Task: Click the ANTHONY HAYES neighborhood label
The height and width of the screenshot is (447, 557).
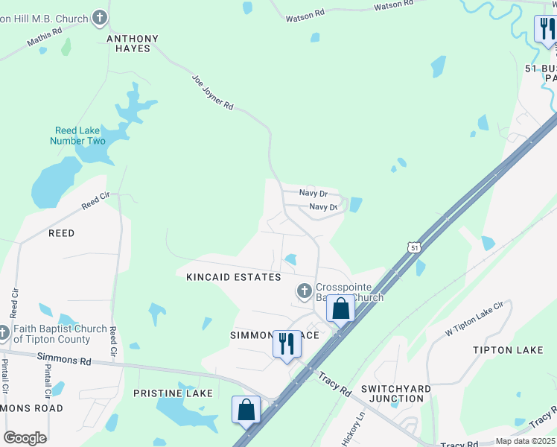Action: (133, 43)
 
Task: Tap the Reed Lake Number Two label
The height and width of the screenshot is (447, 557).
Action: (78, 136)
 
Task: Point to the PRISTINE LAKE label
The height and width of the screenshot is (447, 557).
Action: (173, 393)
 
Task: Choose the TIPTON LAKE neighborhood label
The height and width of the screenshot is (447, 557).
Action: (508, 349)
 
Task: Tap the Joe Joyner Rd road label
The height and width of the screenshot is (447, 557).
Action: (213, 92)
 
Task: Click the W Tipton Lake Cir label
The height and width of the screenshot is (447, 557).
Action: (474, 318)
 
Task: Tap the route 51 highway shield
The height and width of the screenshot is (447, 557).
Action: (414, 247)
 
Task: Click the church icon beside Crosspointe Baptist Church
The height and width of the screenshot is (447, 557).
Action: (304, 291)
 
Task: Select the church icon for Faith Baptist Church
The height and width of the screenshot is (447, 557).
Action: (4, 332)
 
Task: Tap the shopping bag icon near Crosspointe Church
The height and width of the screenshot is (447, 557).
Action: (340, 308)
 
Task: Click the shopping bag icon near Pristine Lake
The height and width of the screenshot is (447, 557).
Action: (246, 409)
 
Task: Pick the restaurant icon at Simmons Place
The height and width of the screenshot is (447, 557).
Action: (286, 343)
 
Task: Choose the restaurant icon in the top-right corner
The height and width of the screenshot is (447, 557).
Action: (546, 29)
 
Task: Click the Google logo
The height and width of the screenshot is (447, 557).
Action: (25, 438)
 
